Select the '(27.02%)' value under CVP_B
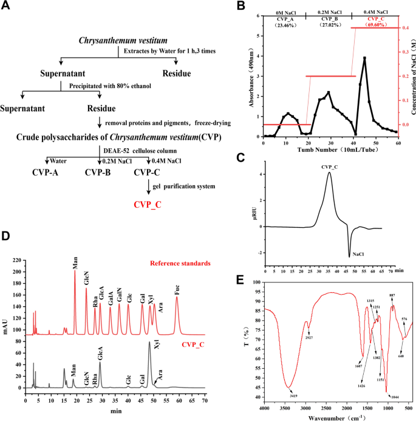pos(328,26)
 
